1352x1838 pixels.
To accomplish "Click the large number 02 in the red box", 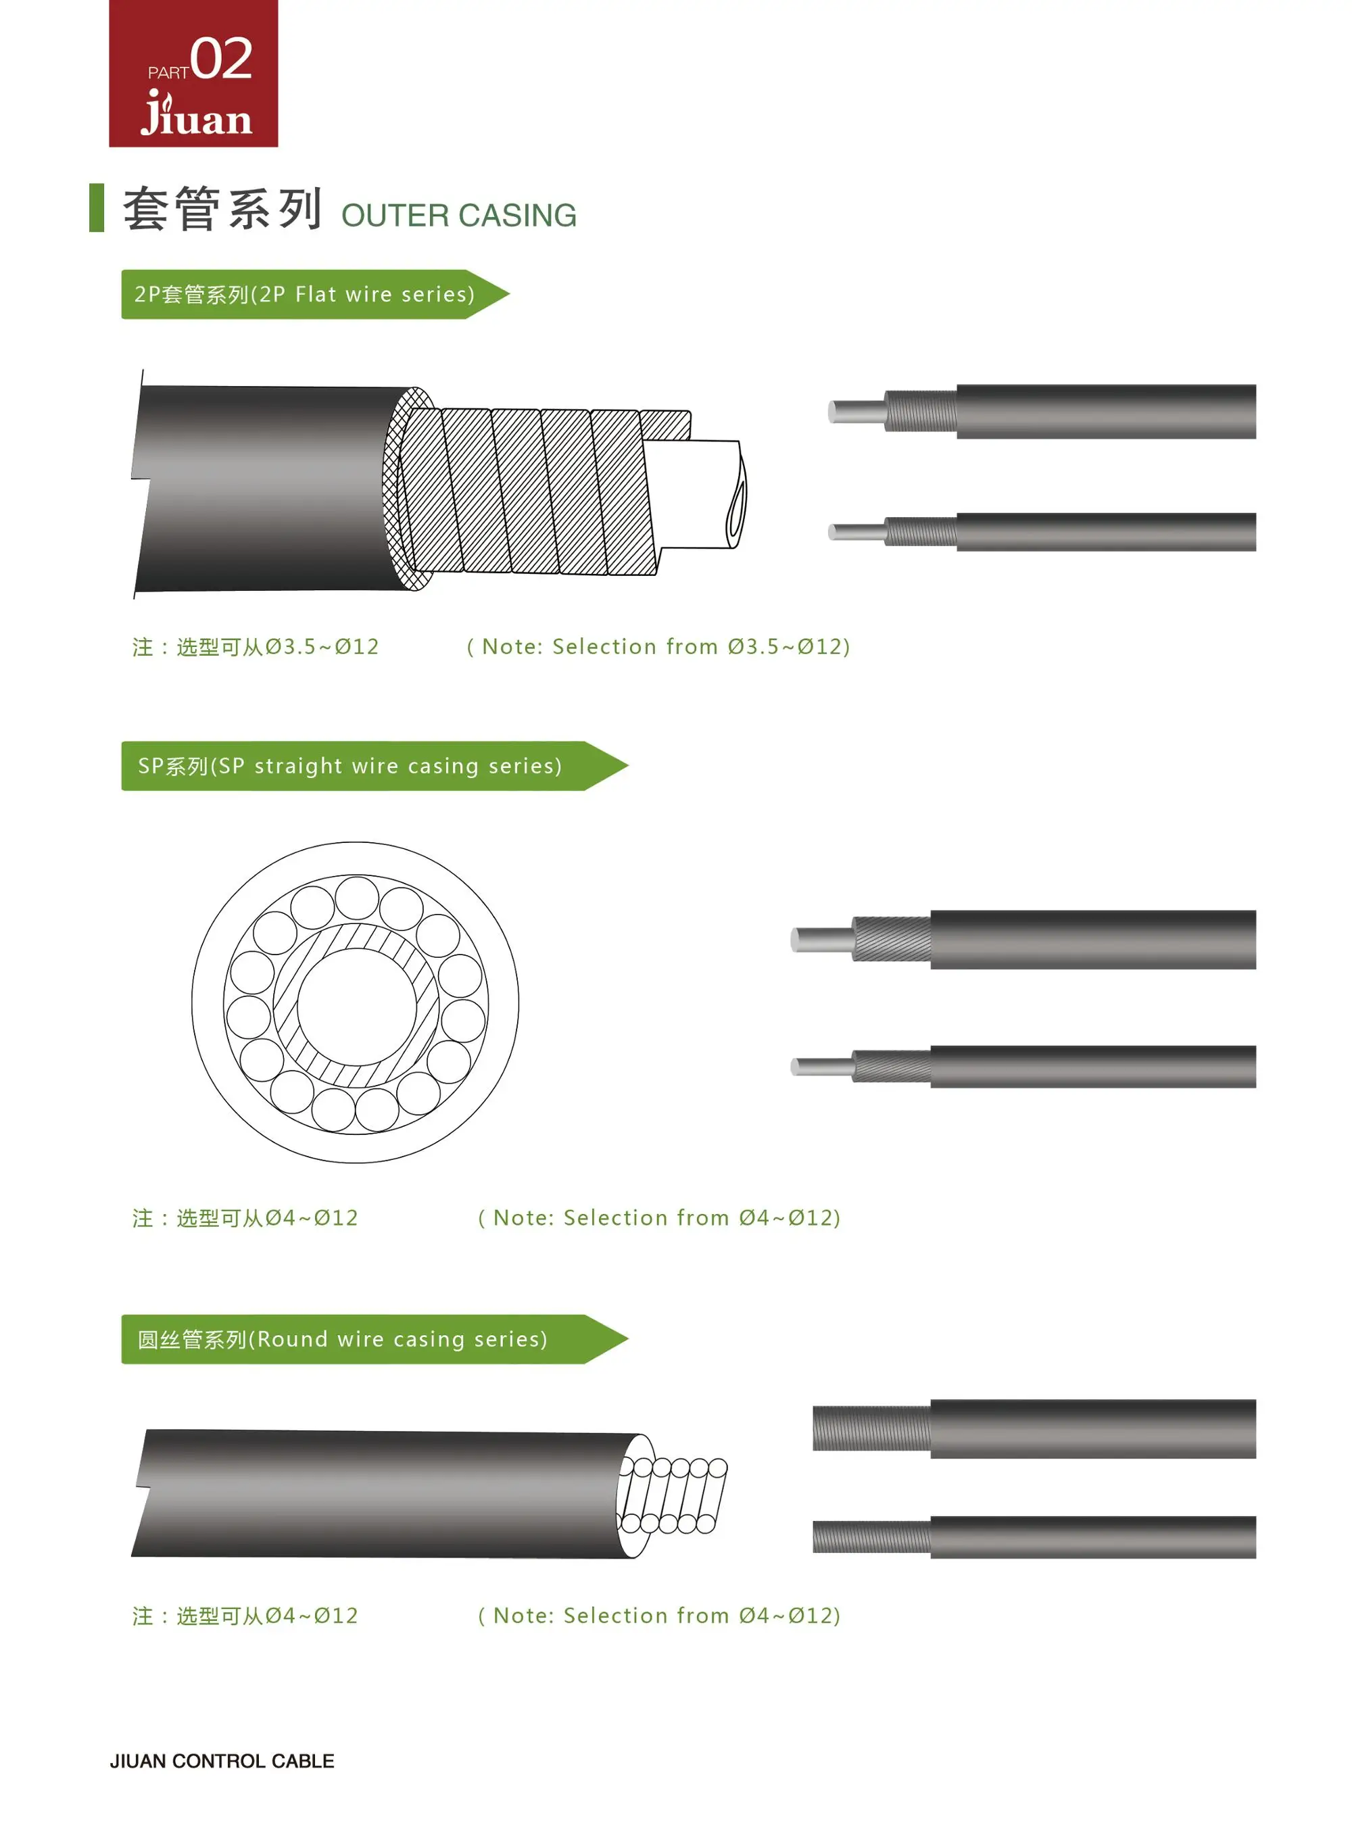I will [x=221, y=59].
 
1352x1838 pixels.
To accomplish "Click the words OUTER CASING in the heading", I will [x=458, y=215].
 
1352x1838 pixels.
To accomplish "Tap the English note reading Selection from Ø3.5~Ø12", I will [x=659, y=646].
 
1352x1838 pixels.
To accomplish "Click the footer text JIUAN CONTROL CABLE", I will [x=222, y=1761].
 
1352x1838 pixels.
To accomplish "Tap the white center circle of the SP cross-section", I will [x=356, y=1006].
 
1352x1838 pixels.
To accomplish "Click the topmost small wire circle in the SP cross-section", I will [x=357, y=898].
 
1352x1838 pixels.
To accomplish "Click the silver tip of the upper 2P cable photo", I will [x=856, y=412].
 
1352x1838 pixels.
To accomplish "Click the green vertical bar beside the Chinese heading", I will [x=97, y=208].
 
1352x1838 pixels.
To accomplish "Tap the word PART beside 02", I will [x=168, y=73].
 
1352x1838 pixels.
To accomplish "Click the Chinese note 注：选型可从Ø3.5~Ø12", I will [x=256, y=646].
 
